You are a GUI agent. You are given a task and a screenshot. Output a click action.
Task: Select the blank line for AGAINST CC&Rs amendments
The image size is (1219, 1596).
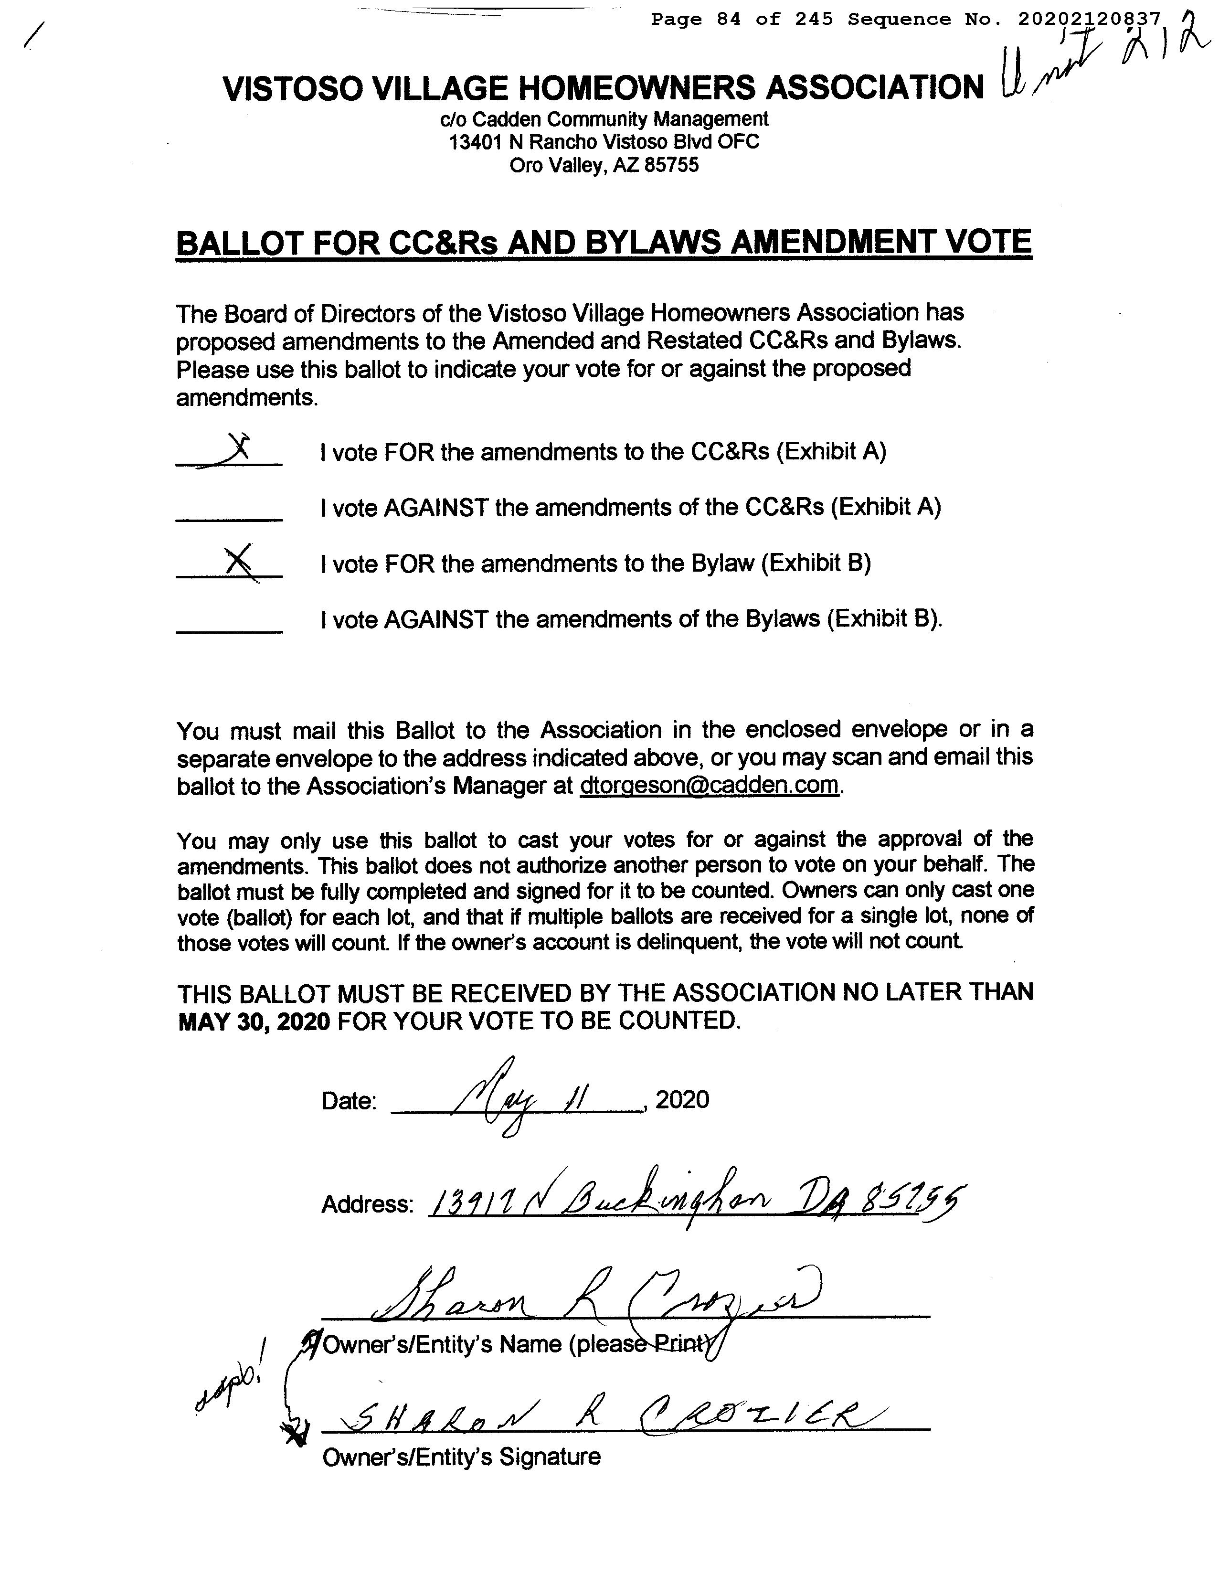point(229,518)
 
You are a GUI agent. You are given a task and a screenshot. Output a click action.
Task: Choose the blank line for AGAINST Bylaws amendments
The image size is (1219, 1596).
point(229,631)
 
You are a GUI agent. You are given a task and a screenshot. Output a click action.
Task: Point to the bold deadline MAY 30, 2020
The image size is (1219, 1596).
point(254,1021)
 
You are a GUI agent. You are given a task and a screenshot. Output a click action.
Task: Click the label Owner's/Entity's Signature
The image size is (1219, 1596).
point(461,1457)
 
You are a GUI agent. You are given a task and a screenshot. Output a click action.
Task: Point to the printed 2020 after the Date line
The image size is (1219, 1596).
point(682,1099)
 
